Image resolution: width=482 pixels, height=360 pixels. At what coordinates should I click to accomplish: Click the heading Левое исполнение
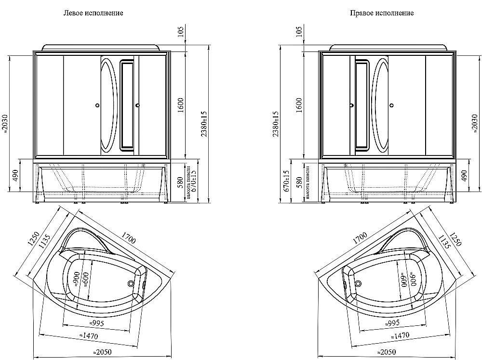(94, 13)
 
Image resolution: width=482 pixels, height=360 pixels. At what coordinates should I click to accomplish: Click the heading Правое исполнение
(382, 13)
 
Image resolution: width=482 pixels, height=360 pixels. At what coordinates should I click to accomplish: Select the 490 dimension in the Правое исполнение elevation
(465, 176)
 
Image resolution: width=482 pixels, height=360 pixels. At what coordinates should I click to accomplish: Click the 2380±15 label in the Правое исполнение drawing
(276, 124)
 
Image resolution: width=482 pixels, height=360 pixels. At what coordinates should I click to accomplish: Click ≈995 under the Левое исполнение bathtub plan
(97, 322)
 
